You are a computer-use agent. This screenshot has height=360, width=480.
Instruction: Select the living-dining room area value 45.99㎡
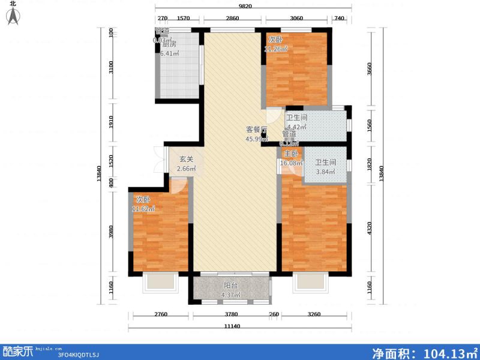pos(256,140)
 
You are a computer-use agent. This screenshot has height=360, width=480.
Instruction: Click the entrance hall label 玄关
pos(187,160)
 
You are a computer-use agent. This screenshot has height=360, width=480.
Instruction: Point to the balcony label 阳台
pos(231,286)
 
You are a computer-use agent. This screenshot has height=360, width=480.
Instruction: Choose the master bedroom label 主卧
pos(291,154)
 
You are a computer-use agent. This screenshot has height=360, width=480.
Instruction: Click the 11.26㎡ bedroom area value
pos(277,49)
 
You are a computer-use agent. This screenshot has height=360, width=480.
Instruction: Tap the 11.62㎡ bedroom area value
pos(144,209)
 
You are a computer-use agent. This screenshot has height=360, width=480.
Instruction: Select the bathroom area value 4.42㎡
pos(296,127)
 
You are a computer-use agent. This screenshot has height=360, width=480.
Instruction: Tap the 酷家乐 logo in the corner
pos(19,351)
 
